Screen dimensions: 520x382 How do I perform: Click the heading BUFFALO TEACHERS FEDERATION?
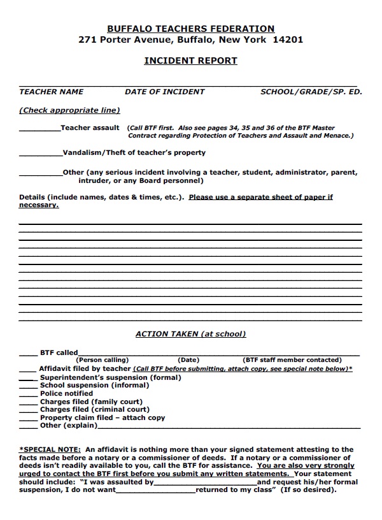(x=191, y=29)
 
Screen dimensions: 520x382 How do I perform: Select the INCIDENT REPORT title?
(x=191, y=61)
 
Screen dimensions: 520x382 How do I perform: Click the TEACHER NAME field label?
(x=51, y=92)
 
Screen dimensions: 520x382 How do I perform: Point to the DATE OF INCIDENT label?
(x=164, y=92)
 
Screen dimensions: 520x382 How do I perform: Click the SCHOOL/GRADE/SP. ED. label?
(x=311, y=92)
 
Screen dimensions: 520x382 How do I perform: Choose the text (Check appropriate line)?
(x=69, y=110)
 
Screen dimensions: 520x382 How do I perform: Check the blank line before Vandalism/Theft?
(x=41, y=155)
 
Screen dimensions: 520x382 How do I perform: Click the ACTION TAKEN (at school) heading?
(x=190, y=334)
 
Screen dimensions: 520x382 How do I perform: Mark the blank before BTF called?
(x=28, y=354)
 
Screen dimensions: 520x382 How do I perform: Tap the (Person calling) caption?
(x=103, y=360)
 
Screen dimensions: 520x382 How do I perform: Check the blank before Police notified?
(x=28, y=395)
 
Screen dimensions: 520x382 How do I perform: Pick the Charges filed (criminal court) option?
(x=94, y=410)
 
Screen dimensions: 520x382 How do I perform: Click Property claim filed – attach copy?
(x=102, y=418)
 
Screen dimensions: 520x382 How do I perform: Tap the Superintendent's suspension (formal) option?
(x=110, y=377)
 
